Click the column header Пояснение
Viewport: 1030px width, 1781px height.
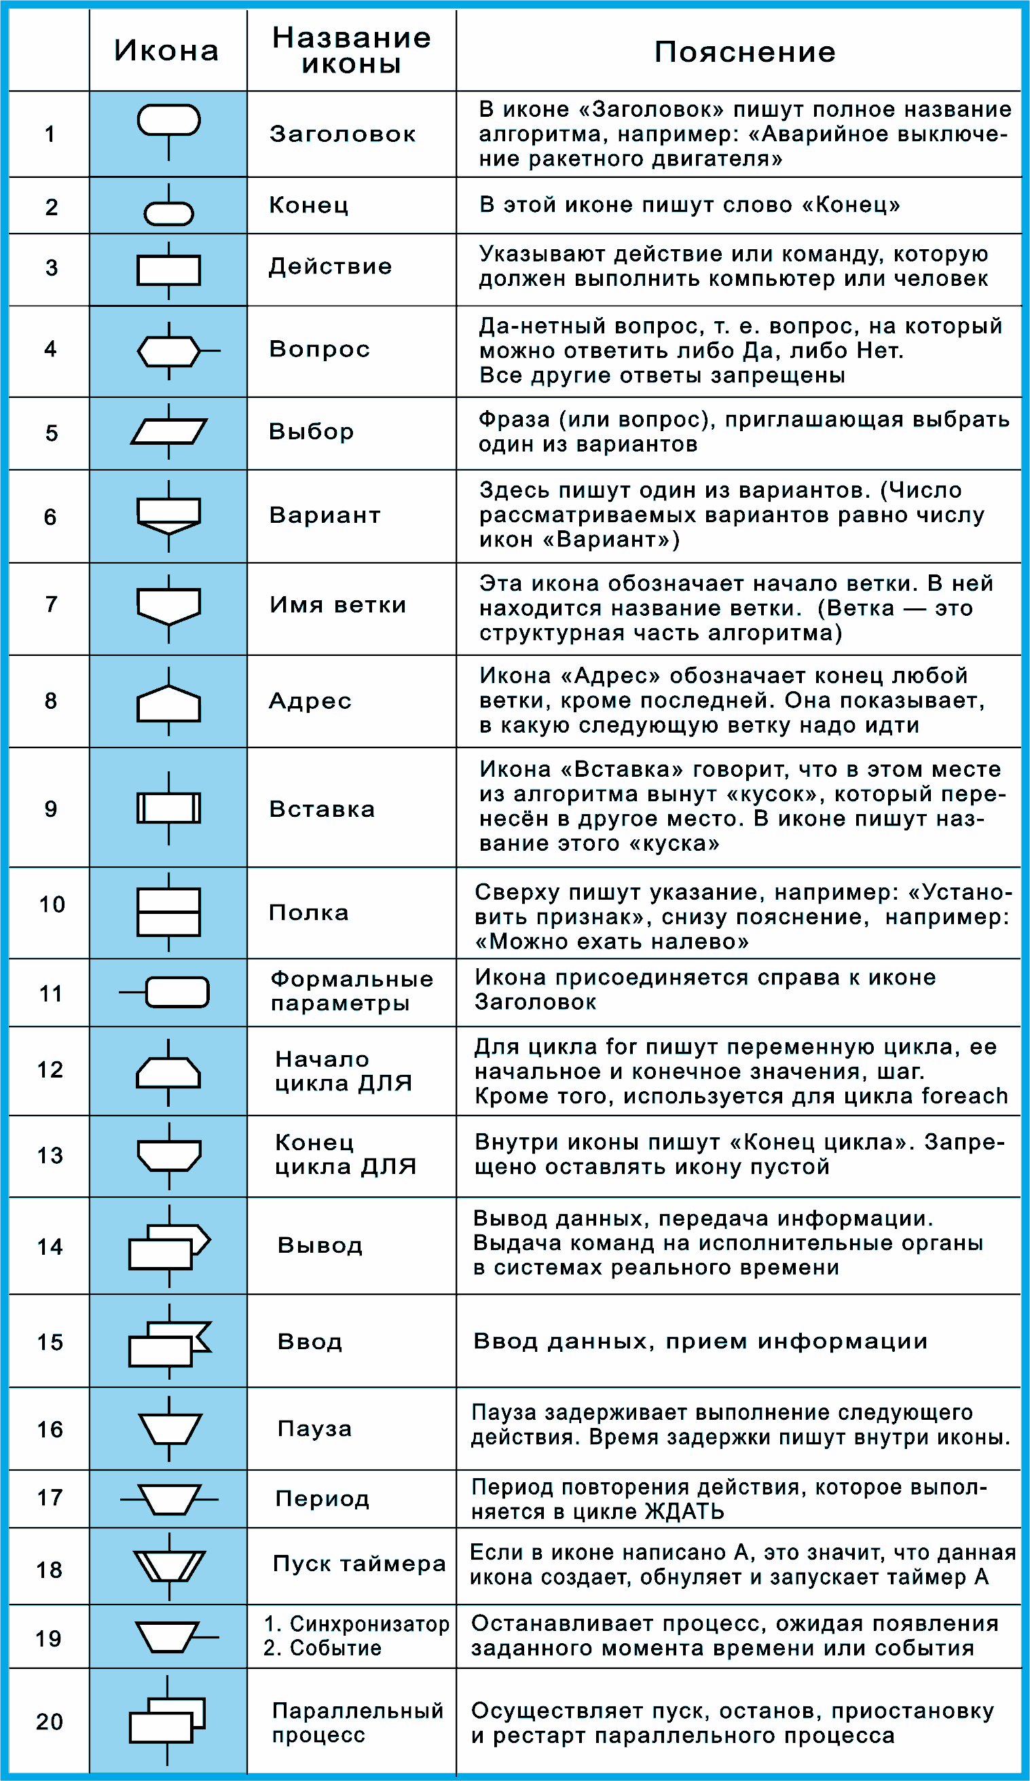click(x=744, y=52)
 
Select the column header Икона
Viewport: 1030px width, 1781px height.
click(x=167, y=51)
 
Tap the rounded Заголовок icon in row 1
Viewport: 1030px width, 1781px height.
click(x=168, y=120)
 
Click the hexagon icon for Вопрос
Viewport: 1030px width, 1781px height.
click(x=168, y=350)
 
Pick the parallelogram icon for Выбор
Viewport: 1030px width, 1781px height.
click(x=168, y=431)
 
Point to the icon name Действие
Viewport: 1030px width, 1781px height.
click(x=330, y=266)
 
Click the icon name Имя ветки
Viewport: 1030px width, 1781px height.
click(x=338, y=605)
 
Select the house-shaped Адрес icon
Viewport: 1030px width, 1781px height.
click(x=168, y=704)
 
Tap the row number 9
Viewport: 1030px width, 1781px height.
click(x=50, y=809)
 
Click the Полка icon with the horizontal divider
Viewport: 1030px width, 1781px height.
click(x=168, y=913)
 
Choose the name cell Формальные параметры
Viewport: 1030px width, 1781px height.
click(x=351, y=991)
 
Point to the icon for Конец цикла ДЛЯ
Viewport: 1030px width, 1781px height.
click(x=168, y=1156)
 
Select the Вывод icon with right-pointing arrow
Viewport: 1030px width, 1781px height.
click(x=168, y=1247)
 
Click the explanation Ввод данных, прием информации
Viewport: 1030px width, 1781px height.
click(x=700, y=1342)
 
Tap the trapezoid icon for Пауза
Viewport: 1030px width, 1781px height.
click(x=170, y=1429)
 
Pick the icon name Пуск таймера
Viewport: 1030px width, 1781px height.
click(x=359, y=1564)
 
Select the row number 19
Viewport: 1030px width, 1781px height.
click(x=49, y=1638)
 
